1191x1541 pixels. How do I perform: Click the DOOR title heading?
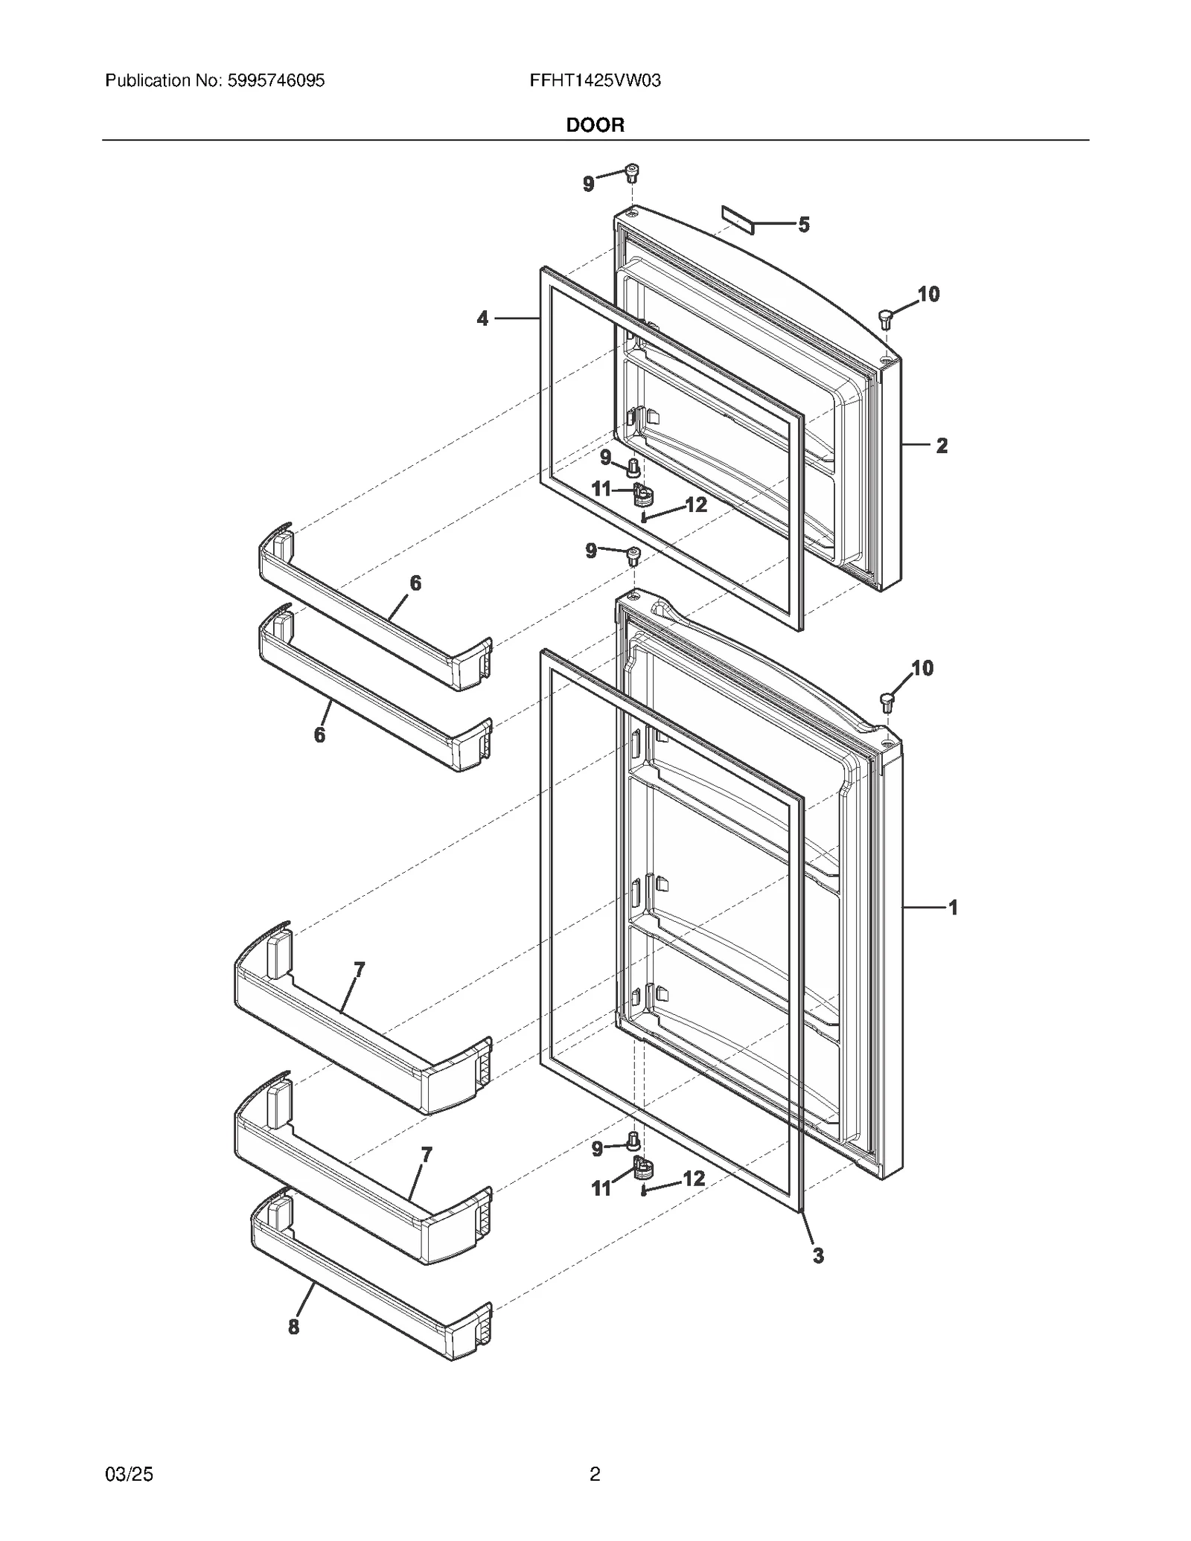[595, 125]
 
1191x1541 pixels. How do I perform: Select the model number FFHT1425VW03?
[595, 80]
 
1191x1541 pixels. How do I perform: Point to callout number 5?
[804, 225]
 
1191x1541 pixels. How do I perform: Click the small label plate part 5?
[737, 220]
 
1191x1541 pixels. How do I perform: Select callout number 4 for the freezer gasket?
[482, 318]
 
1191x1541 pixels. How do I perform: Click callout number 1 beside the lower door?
[952, 907]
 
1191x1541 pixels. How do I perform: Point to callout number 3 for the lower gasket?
[818, 1256]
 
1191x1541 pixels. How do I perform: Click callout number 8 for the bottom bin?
[294, 1327]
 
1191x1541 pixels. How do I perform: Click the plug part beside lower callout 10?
[887, 700]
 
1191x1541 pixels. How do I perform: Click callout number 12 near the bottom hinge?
[693, 1179]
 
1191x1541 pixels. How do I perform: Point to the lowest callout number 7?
[426, 1155]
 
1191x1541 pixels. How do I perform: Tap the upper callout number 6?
[415, 583]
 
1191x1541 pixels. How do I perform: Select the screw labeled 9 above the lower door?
[633, 555]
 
